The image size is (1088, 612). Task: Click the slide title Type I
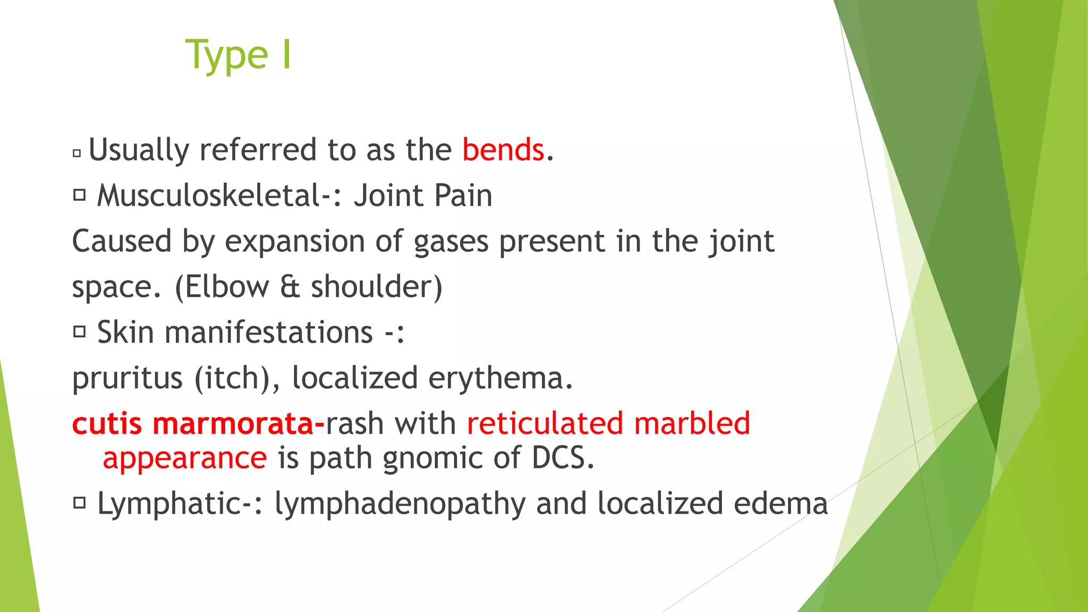click(x=238, y=55)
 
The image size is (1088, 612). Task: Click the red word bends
click(x=503, y=150)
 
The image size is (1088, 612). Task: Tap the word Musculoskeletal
click(x=209, y=195)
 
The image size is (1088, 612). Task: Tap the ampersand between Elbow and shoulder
click(x=290, y=287)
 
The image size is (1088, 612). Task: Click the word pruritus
click(x=127, y=379)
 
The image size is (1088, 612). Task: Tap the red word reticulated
click(x=545, y=424)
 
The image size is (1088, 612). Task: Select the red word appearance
click(x=184, y=458)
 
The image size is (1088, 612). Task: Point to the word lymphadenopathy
click(x=399, y=504)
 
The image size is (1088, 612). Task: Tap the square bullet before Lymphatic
click(x=79, y=503)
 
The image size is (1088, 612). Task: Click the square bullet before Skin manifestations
click(x=79, y=332)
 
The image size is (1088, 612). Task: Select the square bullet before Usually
click(x=77, y=154)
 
